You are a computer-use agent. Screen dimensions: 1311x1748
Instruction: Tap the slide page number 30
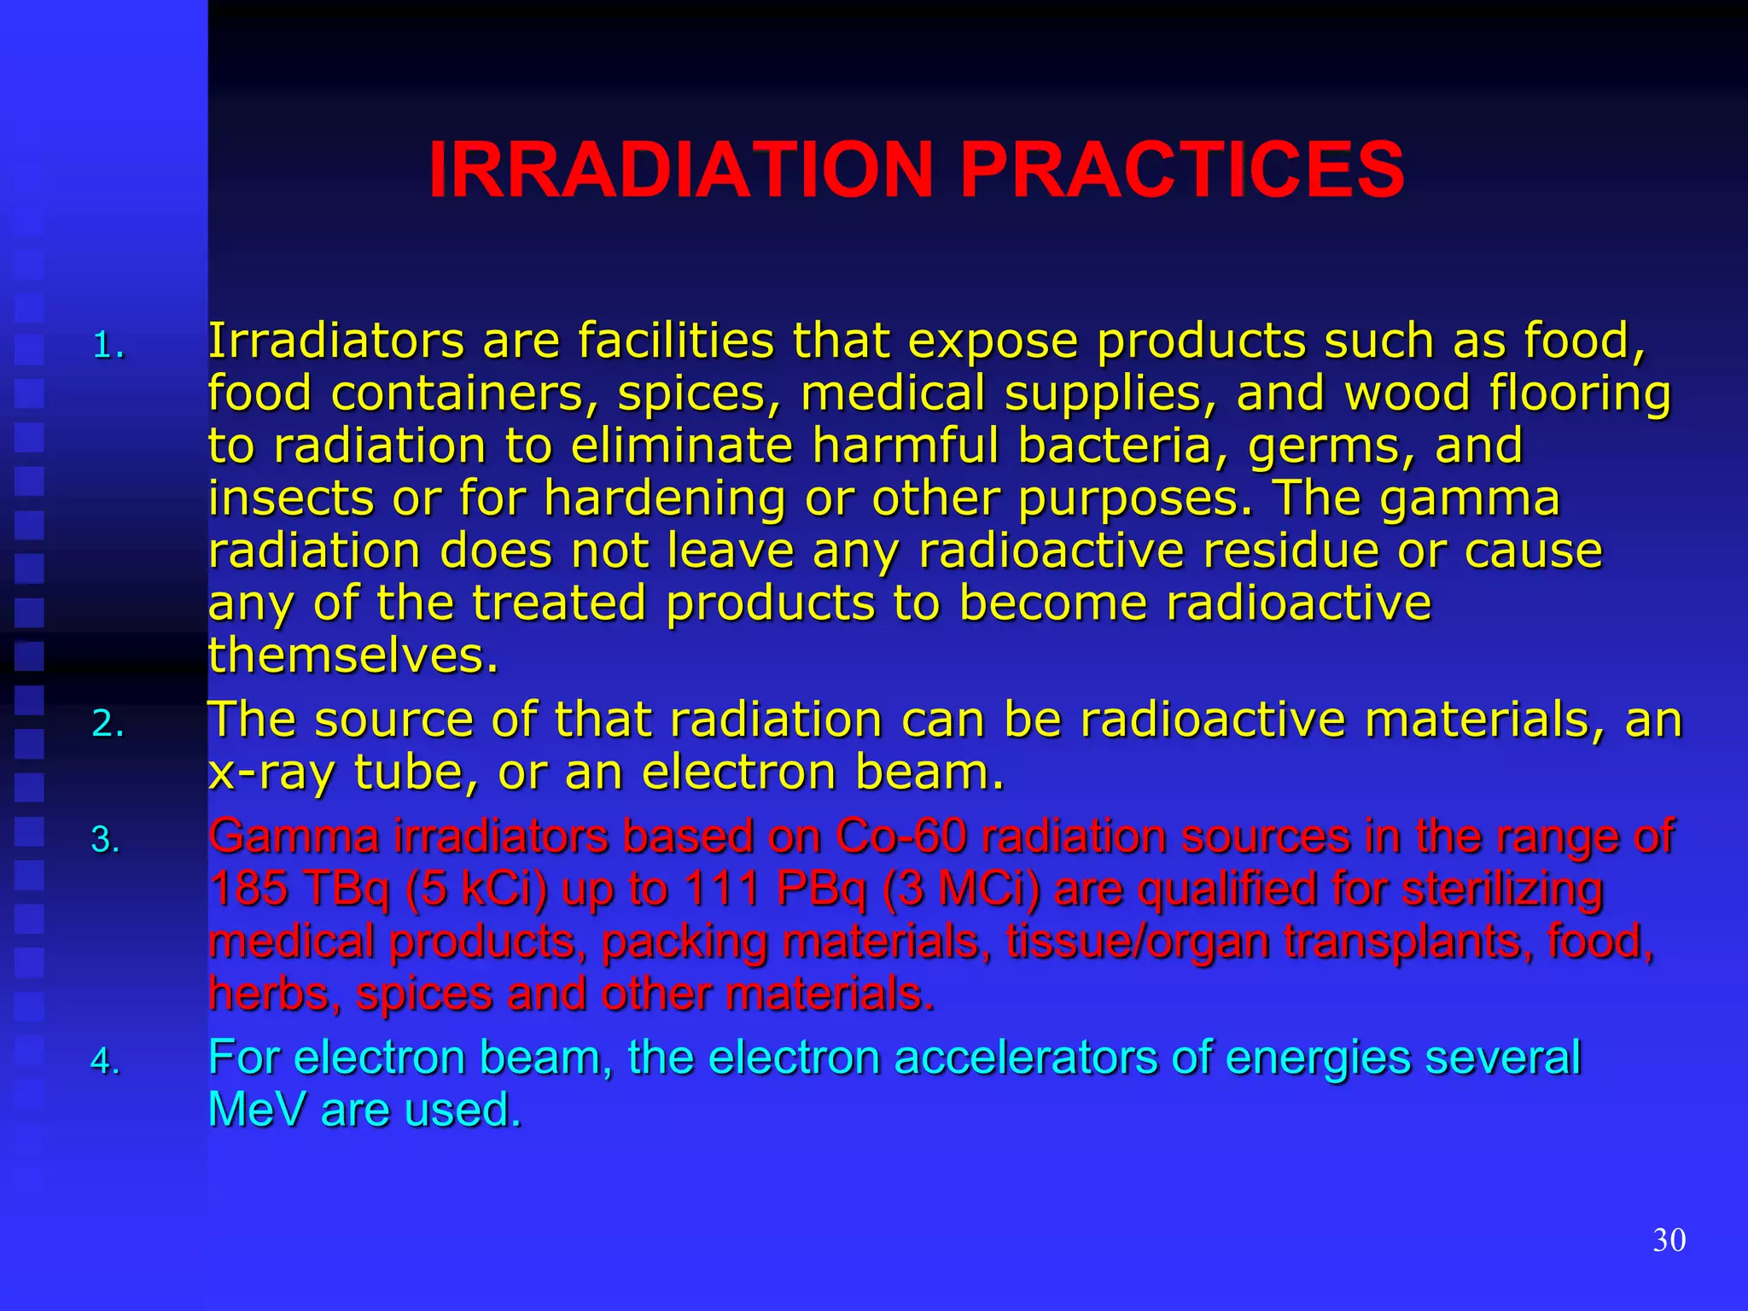(x=1669, y=1240)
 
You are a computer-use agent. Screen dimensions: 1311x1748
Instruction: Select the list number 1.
(x=108, y=347)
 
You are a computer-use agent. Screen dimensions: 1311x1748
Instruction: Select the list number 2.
(x=108, y=725)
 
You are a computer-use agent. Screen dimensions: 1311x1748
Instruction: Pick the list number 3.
(x=106, y=841)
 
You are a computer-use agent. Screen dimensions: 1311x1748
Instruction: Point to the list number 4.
(x=106, y=1062)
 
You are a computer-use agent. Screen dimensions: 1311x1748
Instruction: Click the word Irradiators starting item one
(x=335, y=341)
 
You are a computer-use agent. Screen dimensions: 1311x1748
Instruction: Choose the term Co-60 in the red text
(x=900, y=836)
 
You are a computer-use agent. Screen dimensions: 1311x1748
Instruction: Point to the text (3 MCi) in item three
(x=960, y=889)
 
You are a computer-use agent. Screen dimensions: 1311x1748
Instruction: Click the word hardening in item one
(x=664, y=498)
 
